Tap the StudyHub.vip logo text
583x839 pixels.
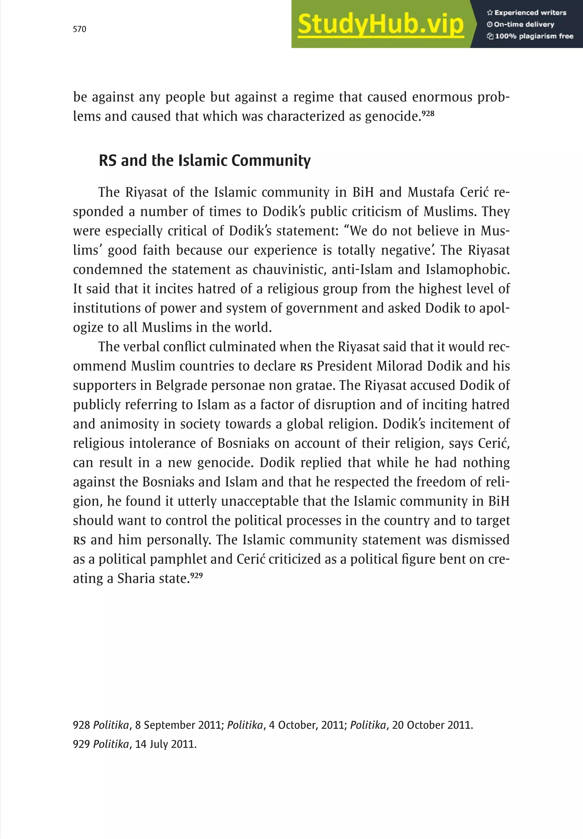[x=380, y=24]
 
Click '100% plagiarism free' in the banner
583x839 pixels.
[x=530, y=36]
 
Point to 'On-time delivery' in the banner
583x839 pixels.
[x=521, y=25]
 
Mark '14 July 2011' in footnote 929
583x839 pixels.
[x=166, y=744]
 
